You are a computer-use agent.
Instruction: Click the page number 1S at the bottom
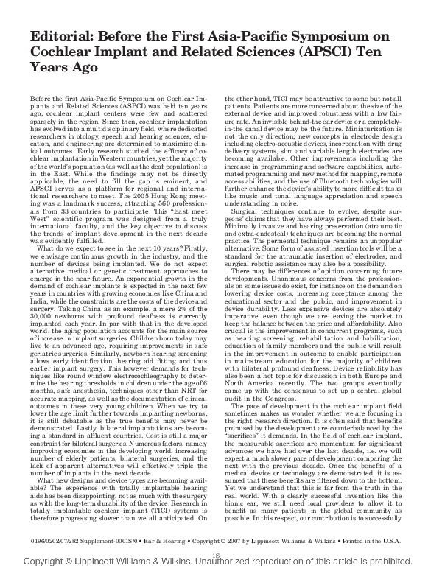pos(215,554)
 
